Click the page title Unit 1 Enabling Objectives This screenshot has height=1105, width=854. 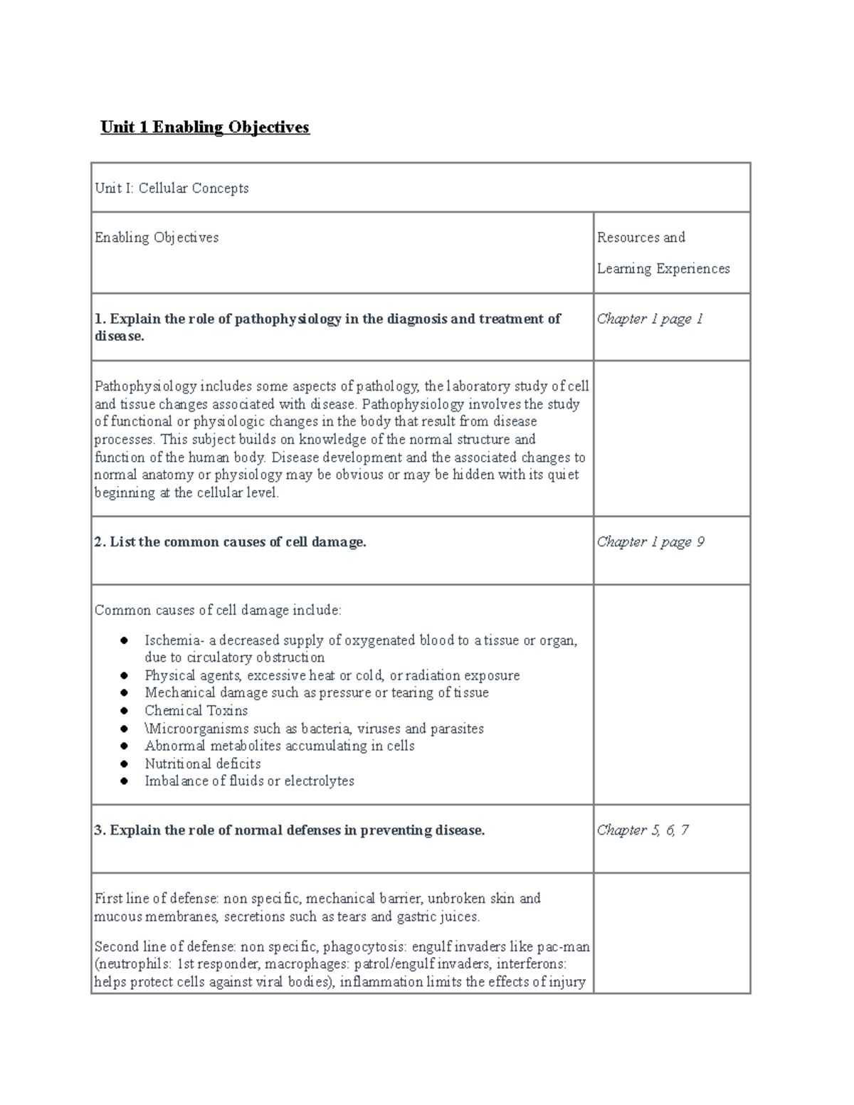click(x=205, y=127)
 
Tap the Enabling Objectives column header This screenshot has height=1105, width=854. click(x=157, y=238)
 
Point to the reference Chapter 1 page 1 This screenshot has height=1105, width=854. click(x=650, y=319)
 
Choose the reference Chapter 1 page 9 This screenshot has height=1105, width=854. click(x=650, y=542)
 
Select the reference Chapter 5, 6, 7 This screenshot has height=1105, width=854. click(x=642, y=830)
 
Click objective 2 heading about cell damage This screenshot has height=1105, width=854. click(x=230, y=542)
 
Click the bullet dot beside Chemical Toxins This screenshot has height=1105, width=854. click(x=124, y=711)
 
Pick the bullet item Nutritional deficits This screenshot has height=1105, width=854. click(x=202, y=763)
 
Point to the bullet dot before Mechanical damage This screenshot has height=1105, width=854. click(x=124, y=693)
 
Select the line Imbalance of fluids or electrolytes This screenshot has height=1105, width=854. click(x=249, y=781)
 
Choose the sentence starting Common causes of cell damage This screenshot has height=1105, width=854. click(x=218, y=610)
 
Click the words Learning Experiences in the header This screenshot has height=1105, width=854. click(x=663, y=269)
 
